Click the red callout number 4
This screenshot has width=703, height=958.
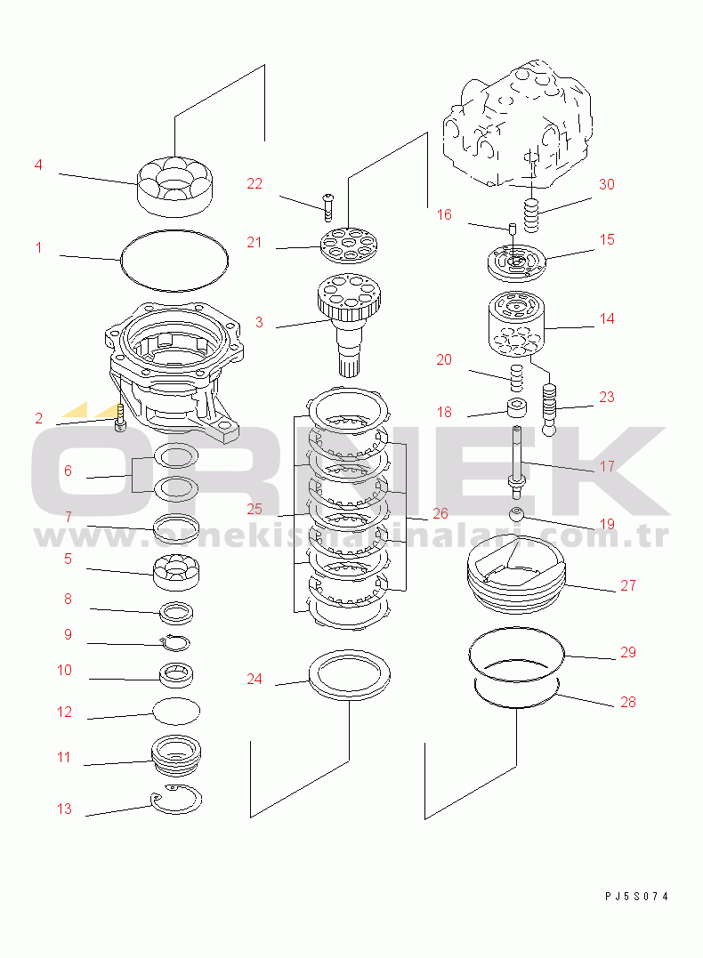click(38, 165)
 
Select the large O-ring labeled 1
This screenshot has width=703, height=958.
click(122, 262)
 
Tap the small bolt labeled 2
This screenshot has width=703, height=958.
click(120, 418)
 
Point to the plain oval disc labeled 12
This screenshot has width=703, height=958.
click(176, 712)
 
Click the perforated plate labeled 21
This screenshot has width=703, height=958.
click(349, 245)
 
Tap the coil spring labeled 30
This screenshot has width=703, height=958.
click(532, 215)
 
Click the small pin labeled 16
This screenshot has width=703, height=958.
click(513, 229)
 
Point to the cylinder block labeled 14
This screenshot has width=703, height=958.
click(516, 325)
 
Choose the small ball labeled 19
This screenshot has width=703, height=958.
click(517, 514)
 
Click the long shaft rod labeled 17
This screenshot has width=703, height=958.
click(517, 459)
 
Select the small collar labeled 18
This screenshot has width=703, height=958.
click(517, 407)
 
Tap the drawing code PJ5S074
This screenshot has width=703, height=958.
click(636, 897)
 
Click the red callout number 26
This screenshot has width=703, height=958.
click(440, 514)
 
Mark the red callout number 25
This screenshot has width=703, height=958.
click(255, 509)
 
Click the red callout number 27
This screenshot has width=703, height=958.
click(628, 585)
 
